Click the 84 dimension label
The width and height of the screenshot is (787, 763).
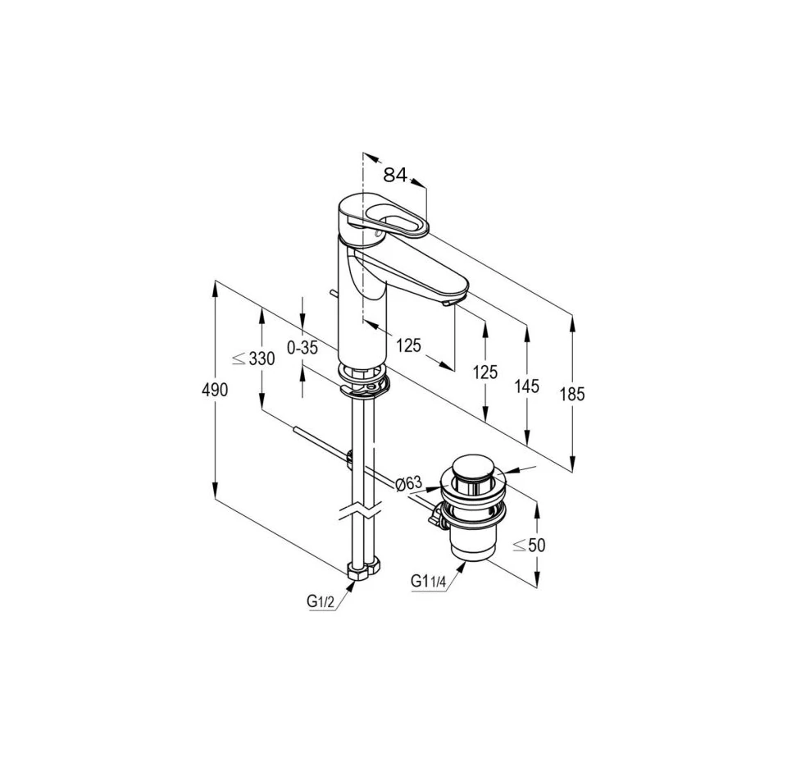(x=395, y=175)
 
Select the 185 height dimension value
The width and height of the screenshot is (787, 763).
(x=572, y=395)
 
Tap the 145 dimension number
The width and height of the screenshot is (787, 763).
(x=527, y=386)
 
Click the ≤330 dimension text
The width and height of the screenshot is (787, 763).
(x=253, y=359)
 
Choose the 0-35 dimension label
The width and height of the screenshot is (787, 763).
(x=303, y=347)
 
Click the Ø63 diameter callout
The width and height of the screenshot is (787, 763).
(x=407, y=483)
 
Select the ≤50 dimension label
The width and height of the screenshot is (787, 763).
(x=529, y=545)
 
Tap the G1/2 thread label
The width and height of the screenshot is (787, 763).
(x=321, y=601)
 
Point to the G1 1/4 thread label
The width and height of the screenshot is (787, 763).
(x=428, y=581)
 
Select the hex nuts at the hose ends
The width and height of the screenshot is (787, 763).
(x=365, y=571)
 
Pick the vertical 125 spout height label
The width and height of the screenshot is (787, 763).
(x=484, y=372)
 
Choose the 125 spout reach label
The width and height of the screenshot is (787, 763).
(x=408, y=345)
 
